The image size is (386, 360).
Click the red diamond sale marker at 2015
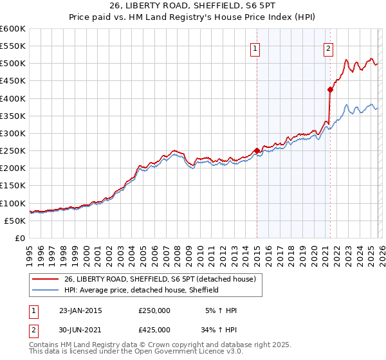pos(257,151)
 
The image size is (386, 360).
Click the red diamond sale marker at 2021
pos(330,90)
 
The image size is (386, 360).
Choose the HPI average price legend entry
pos(142,290)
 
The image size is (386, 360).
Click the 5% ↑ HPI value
pos(221,310)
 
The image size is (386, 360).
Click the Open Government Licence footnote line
pos(123,352)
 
